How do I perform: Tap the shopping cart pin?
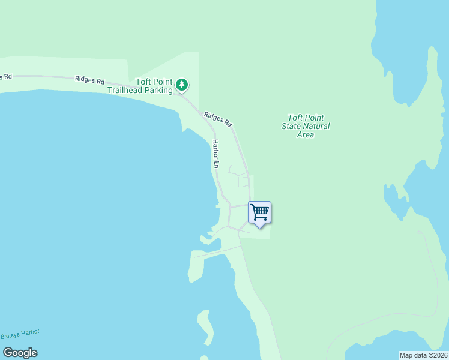tap(259, 212)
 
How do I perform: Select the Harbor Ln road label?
tap(215, 153)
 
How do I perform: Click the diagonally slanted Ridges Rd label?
tap(217, 119)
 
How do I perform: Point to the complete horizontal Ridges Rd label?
tap(90, 80)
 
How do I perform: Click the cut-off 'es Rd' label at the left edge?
tap(5, 76)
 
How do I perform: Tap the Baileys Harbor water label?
tap(19, 335)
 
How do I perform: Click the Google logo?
tap(20, 353)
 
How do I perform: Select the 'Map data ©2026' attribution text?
tap(423, 355)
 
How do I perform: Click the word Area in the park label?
tap(306, 135)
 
